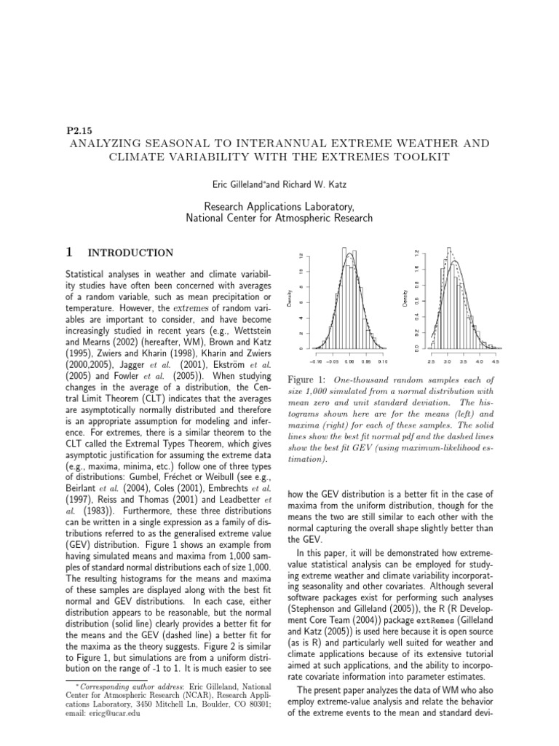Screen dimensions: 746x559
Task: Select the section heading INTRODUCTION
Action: coord(130,253)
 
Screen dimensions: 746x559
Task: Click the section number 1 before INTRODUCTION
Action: coord(68,253)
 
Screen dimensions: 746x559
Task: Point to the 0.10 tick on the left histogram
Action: coord(383,361)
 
